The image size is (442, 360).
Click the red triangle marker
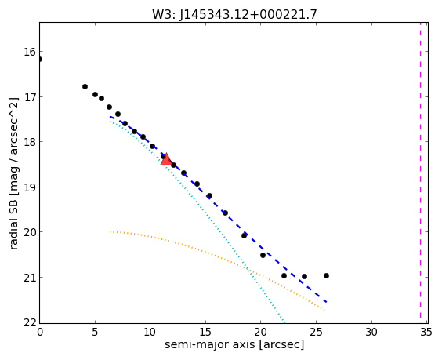coord(166,159)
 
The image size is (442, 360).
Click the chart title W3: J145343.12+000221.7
coord(234,14)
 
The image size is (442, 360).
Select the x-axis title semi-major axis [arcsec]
coord(234,345)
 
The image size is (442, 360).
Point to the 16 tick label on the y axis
coord(30,52)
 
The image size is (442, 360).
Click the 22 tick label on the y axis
coord(30,322)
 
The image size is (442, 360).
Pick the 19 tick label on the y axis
coord(30,187)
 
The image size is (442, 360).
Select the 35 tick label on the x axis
coord(426,333)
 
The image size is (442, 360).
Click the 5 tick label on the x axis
coord(95,333)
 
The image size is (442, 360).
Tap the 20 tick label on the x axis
coord(260,333)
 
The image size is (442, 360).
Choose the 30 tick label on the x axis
coord(371,333)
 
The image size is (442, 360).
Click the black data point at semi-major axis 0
coord(40,60)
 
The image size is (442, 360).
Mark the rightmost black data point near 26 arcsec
coord(327,275)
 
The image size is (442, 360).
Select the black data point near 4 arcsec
coord(85,86)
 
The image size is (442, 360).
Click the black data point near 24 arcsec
coord(304,277)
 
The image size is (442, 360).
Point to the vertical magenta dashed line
coord(420,173)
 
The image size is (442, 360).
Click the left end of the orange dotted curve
coord(110,231)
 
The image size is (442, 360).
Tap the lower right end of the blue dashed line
coord(327,302)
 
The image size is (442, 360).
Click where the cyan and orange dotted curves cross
coord(248,269)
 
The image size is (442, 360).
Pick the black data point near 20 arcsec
coord(263,256)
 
